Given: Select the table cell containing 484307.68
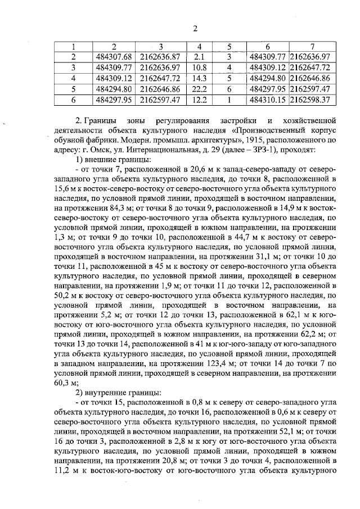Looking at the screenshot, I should [x=114, y=57].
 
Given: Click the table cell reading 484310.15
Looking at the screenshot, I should [x=268, y=100].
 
